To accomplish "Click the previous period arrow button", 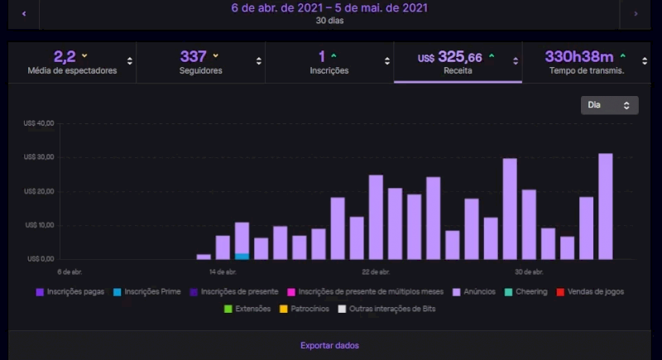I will [x=24, y=14].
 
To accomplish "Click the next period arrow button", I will [x=635, y=14].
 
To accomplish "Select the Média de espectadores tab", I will [x=72, y=62].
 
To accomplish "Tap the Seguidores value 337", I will [x=193, y=56].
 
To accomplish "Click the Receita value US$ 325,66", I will [x=450, y=57].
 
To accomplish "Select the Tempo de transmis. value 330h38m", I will [x=578, y=56].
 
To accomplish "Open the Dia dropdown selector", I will [x=609, y=105].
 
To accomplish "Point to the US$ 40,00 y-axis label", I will [x=39, y=123].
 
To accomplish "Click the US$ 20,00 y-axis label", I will [x=39, y=191].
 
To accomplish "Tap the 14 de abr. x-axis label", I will [x=223, y=271].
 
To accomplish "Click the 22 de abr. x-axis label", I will [x=376, y=271].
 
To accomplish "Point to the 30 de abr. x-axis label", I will [x=528, y=271].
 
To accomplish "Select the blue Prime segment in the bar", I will [x=242, y=256].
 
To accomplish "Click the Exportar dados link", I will [x=329, y=345].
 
